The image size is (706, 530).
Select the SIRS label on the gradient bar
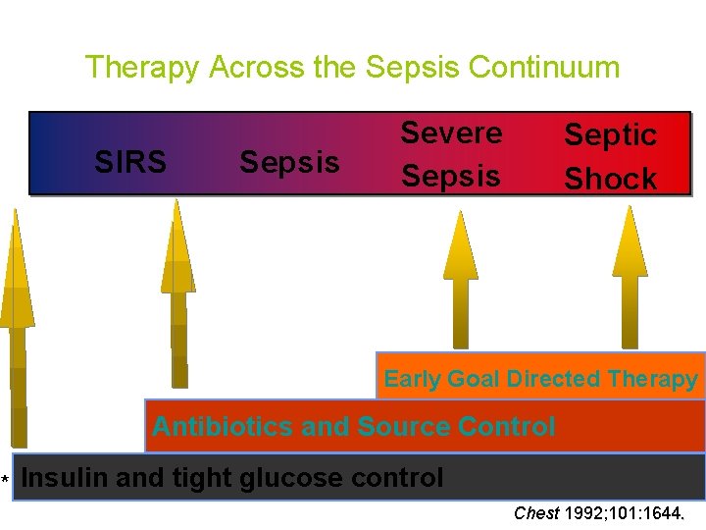(130, 162)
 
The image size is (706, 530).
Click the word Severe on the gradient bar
(452, 132)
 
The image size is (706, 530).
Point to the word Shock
(610, 179)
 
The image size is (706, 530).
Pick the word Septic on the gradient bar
(610, 135)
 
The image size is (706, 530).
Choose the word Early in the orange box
(413, 379)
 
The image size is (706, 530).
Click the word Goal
(473, 379)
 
